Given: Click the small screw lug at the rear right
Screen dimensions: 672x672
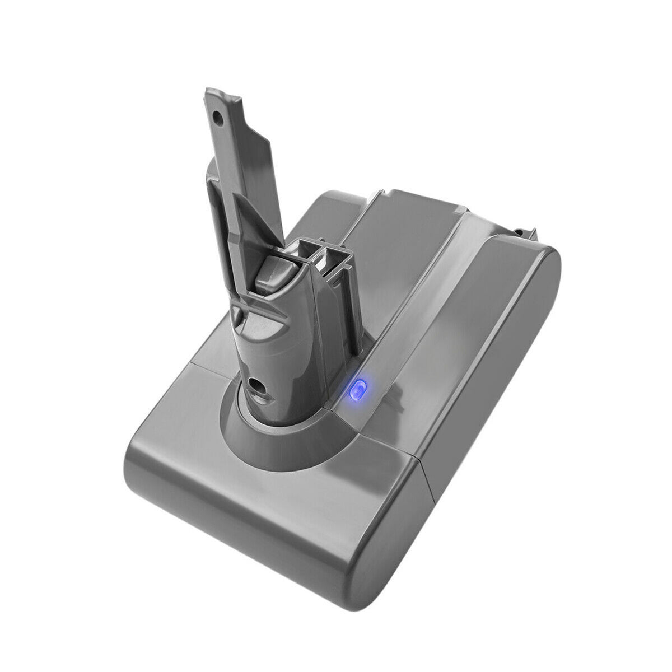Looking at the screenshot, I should point(523,230).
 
